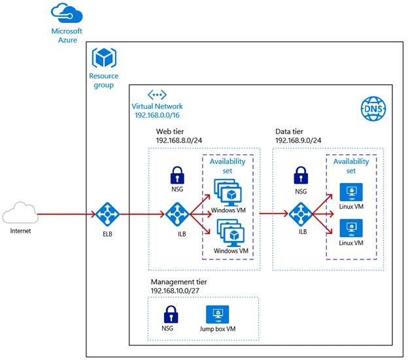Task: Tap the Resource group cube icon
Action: pyautogui.click(x=104, y=57)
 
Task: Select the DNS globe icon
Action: pyautogui.click(x=373, y=108)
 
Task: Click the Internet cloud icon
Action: pyautogui.click(x=20, y=212)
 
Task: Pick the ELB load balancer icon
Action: pyautogui.click(x=107, y=214)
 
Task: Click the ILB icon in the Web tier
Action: pyautogui.click(x=177, y=214)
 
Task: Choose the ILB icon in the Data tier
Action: pyautogui.click(x=301, y=214)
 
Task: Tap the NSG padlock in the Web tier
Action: pyautogui.click(x=177, y=175)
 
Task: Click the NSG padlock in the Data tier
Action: pyautogui.click(x=301, y=175)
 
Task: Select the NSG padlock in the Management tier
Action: pyautogui.click(x=171, y=314)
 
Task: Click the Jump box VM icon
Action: pyautogui.click(x=218, y=314)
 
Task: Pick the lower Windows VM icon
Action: pyautogui.click(x=231, y=233)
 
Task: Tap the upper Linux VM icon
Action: pyautogui.click(x=351, y=192)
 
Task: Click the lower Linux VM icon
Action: pyautogui.click(x=351, y=228)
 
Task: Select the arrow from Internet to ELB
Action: pyautogui.click(x=67, y=214)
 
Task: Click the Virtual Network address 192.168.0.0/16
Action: pyautogui.click(x=157, y=115)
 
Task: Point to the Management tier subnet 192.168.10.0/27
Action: pyautogui.click(x=175, y=291)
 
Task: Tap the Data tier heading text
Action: pyautogui.click(x=289, y=131)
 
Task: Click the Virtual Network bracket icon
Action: pyautogui.click(x=157, y=95)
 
